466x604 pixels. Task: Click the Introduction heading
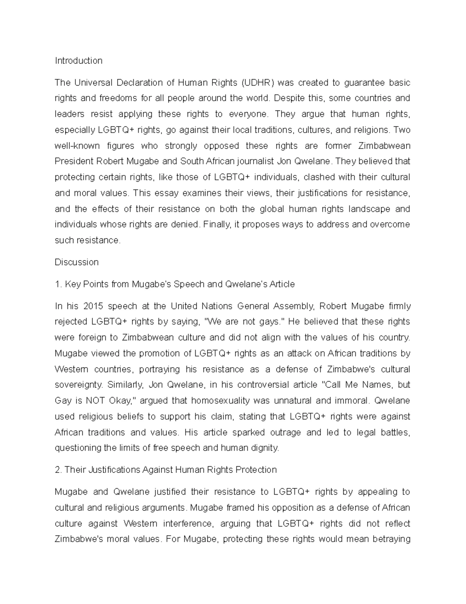pyautogui.click(x=78, y=61)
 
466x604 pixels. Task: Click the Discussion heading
pyautogui.click(x=77, y=262)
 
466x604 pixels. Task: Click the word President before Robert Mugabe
pyautogui.click(x=74, y=161)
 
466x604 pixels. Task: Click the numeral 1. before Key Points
pyautogui.click(x=58, y=284)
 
